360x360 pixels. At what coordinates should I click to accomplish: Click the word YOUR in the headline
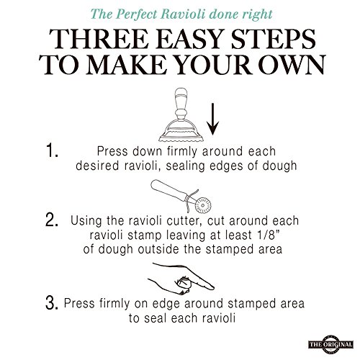click(214, 66)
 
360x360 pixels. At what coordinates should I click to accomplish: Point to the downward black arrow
click(212, 119)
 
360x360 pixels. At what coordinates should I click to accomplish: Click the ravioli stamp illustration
click(181, 114)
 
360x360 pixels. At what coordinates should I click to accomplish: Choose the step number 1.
click(52, 150)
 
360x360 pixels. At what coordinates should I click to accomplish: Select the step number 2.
click(52, 220)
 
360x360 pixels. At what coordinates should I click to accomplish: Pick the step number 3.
click(52, 303)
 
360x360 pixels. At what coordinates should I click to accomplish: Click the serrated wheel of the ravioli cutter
click(203, 205)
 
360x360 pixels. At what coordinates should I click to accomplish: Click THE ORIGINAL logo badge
click(331, 344)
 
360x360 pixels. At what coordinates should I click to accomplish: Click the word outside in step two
click(159, 249)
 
